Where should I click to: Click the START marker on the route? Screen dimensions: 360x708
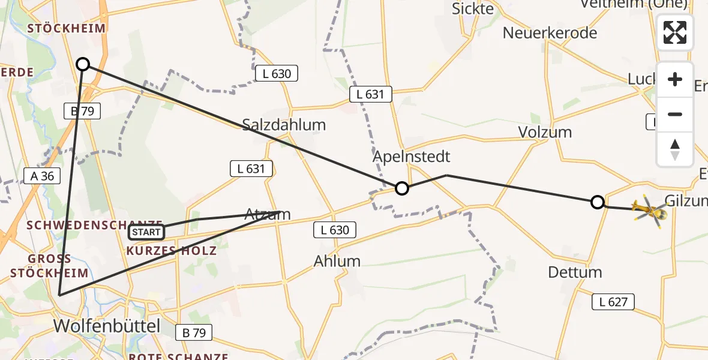tap(146, 232)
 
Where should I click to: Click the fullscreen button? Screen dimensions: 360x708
tap(675, 32)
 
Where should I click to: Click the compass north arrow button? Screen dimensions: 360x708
tap(675, 149)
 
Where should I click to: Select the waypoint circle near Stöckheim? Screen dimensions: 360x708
tap(83, 64)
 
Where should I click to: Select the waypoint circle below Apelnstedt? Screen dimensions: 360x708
tap(402, 188)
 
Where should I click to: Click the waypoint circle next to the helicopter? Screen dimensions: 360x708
tap(597, 202)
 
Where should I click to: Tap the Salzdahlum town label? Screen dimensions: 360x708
tap(284, 125)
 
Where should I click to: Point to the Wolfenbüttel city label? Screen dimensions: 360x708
tap(107, 326)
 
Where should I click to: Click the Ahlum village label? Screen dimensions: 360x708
tap(337, 261)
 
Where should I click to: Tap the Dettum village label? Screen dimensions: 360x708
tap(575, 272)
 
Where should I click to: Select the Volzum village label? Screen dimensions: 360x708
tap(545, 132)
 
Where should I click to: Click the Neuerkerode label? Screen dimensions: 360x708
tap(550, 32)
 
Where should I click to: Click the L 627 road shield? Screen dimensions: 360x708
tap(613, 302)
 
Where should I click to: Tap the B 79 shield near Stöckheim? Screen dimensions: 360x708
tap(79, 111)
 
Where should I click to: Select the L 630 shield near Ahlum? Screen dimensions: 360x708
tap(335, 229)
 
